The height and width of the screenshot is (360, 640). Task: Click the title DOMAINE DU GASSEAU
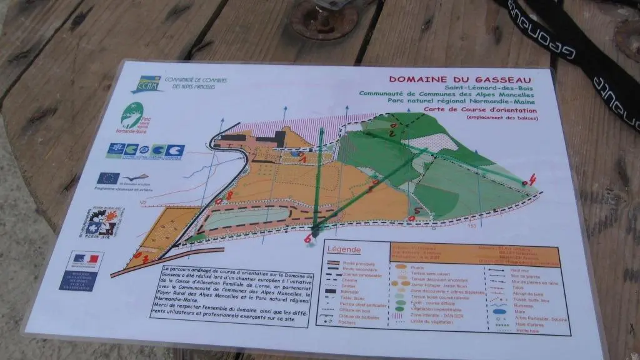460,79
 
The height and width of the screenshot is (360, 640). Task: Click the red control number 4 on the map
532,181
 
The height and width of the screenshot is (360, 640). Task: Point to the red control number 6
308,237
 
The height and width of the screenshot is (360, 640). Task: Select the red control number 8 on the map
229,196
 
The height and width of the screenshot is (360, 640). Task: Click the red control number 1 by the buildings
303,159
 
